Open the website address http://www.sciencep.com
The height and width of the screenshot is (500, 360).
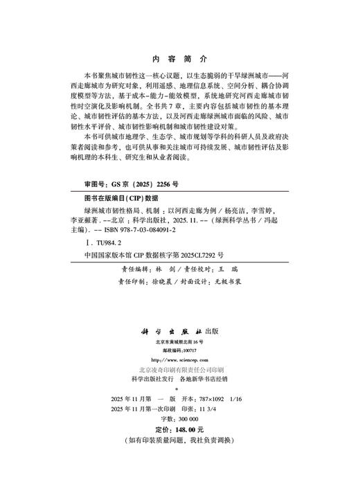179,360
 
